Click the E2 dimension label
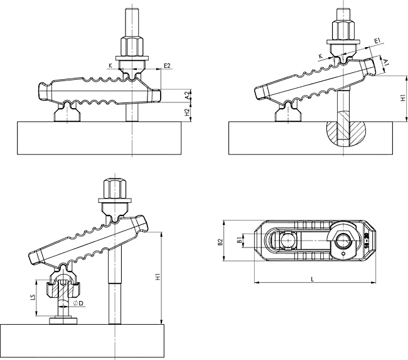tap(167, 65)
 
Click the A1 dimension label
tap(387, 63)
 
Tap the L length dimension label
tap(313, 278)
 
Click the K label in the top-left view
tap(110, 65)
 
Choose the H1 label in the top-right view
tap(402, 99)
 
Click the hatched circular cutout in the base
tap(345, 132)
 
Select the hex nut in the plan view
tap(338, 237)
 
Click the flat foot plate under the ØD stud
tap(64, 322)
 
